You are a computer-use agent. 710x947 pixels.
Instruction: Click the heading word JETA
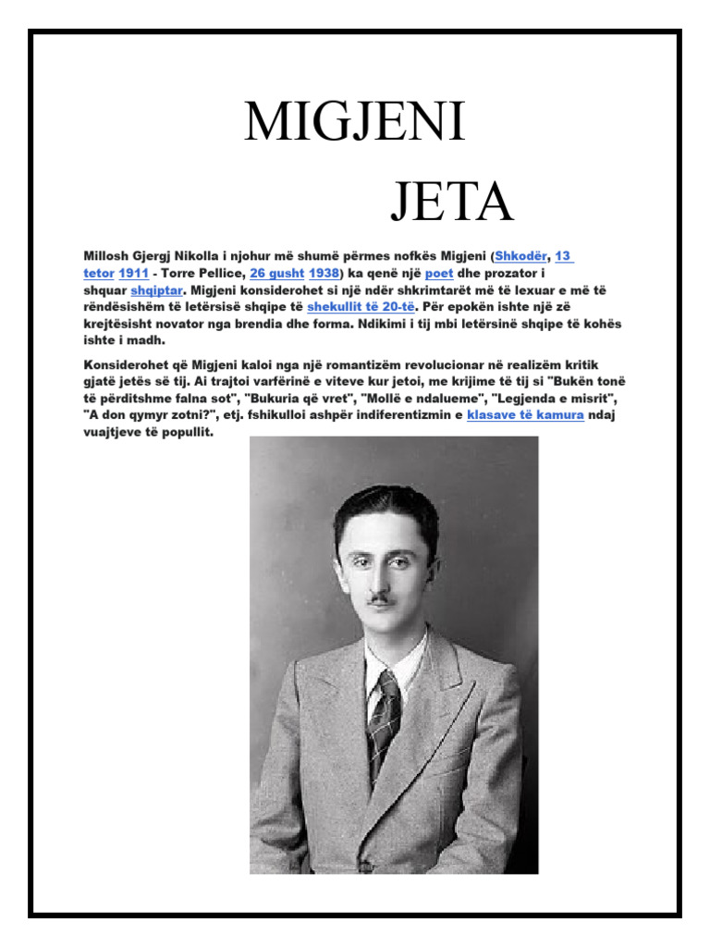coord(451,203)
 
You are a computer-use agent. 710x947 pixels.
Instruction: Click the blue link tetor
coord(98,274)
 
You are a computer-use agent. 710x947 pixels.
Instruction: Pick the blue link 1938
coord(324,274)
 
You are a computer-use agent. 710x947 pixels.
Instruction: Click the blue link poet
coord(438,274)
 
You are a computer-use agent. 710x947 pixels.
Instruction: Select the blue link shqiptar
coord(154,290)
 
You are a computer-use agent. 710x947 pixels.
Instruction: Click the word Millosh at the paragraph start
coord(105,257)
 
